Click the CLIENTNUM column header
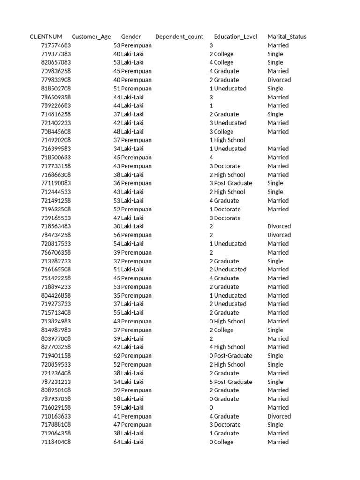tap(46, 37)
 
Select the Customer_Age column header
tap(91, 37)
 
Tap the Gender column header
tap(131, 37)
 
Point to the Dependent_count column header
tap(179, 37)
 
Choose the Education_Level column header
tap(235, 37)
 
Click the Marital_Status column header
tap(287, 37)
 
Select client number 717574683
tap(56, 45)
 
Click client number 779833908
tap(56, 80)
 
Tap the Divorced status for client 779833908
tap(279, 80)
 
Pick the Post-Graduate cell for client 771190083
tap(233, 183)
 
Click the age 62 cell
tap(117, 356)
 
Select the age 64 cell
tap(117, 442)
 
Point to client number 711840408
tap(56, 442)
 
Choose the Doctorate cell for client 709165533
tap(227, 218)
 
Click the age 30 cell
tap(117, 226)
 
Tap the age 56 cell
tap(117, 235)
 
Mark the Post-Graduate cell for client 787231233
tap(233, 382)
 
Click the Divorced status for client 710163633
tap(279, 416)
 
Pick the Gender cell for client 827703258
tap(133, 347)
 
